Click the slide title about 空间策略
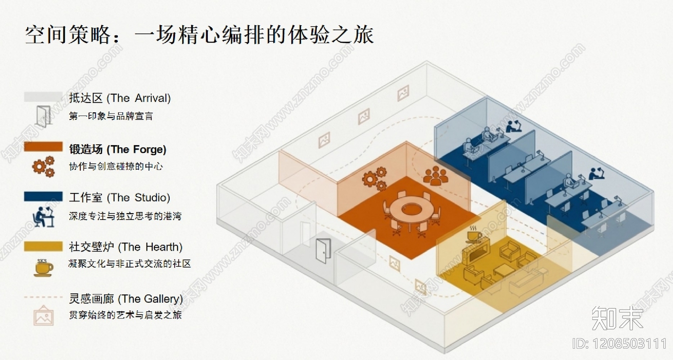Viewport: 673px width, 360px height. [x=199, y=35]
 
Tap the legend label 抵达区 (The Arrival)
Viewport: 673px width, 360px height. [x=120, y=98]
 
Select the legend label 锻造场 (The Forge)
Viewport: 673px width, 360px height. [x=118, y=149]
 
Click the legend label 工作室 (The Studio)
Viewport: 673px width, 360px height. [x=119, y=198]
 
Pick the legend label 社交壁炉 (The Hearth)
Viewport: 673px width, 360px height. [x=125, y=247]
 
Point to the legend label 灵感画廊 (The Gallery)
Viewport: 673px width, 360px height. [x=126, y=299]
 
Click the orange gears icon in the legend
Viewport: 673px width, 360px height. [x=43, y=167]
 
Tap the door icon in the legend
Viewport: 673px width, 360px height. [x=43, y=116]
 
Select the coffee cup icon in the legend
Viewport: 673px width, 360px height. [x=43, y=267]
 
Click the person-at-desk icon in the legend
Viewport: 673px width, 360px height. [x=43, y=217]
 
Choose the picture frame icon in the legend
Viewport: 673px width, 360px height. [x=43, y=317]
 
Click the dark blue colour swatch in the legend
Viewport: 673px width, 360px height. [x=43, y=196]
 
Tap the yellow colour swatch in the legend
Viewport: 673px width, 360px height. [x=43, y=246]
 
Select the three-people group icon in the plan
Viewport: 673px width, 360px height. [x=435, y=176]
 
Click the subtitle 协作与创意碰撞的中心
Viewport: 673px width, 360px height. [x=116, y=167]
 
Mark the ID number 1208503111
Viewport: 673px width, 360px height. [x=619, y=344]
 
